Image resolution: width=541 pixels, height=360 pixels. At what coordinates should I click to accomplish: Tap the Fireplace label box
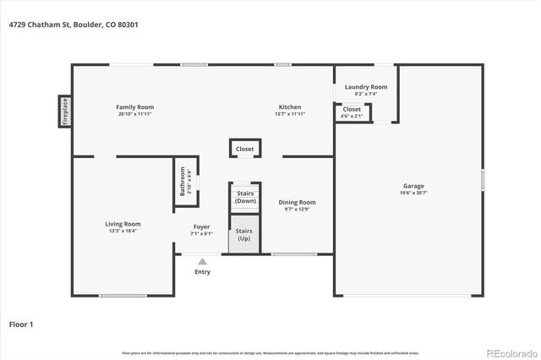[x=64, y=111]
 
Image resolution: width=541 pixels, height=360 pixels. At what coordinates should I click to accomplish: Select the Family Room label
[x=135, y=107]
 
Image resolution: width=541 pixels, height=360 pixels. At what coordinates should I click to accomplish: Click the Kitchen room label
[x=290, y=107]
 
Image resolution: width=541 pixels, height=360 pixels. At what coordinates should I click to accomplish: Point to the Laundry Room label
[x=366, y=87]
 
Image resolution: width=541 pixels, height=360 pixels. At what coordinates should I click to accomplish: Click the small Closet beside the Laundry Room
[x=352, y=111]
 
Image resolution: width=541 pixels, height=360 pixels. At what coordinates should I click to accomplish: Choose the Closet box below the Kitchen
[x=244, y=149]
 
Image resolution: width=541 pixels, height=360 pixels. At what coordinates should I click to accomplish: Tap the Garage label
[x=413, y=186]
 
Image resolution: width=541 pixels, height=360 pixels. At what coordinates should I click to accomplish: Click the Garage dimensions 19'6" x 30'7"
[x=413, y=194]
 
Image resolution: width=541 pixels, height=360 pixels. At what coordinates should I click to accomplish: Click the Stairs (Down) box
[x=245, y=197]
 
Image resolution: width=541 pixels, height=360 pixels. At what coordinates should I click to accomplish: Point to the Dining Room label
[x=298, y=202]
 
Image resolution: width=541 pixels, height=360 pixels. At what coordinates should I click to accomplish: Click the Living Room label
[x=123, y=224]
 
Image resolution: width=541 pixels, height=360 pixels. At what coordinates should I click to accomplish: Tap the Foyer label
[x=201, y=226]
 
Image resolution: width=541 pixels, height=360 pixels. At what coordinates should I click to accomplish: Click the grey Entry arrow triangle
[x=202, y=262]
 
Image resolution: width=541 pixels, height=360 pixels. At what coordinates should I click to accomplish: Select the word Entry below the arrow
[x=202, y=272]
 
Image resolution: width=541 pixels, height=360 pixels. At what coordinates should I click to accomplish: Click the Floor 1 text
[x=20, y=324]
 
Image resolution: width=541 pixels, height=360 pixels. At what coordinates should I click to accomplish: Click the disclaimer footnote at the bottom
[x=270, y=352]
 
